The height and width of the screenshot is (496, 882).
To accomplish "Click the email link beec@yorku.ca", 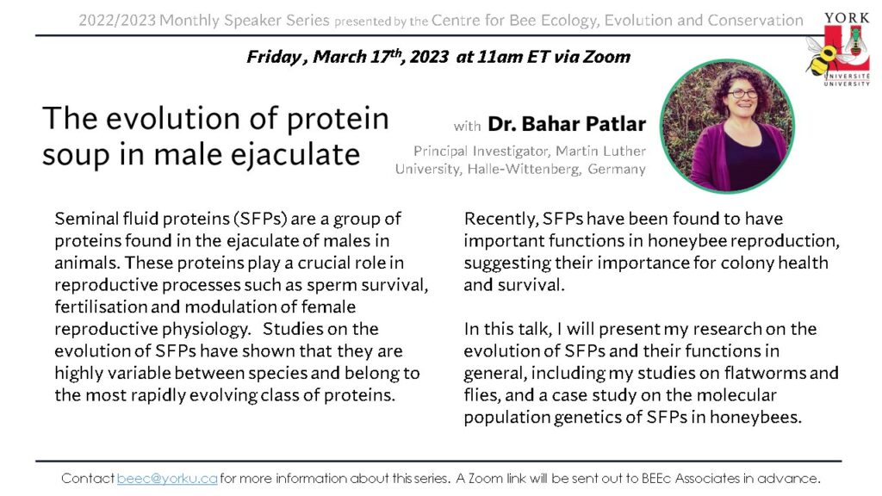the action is coord(167,479).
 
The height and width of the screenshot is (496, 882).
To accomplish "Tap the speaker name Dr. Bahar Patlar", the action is coord(567,124).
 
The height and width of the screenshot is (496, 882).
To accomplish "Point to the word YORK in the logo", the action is coord(847,18).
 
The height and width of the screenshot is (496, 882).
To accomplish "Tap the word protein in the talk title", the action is coord(338,120).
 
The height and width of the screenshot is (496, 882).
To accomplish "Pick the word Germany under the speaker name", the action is coord(617,170).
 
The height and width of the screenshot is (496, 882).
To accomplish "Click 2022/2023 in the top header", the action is coord(117,21).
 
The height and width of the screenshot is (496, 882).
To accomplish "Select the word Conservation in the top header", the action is coord(755,21).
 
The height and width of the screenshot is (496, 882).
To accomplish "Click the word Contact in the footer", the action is coord(88,479).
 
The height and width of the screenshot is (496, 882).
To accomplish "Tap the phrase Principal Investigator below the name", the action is coord(497,152).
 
